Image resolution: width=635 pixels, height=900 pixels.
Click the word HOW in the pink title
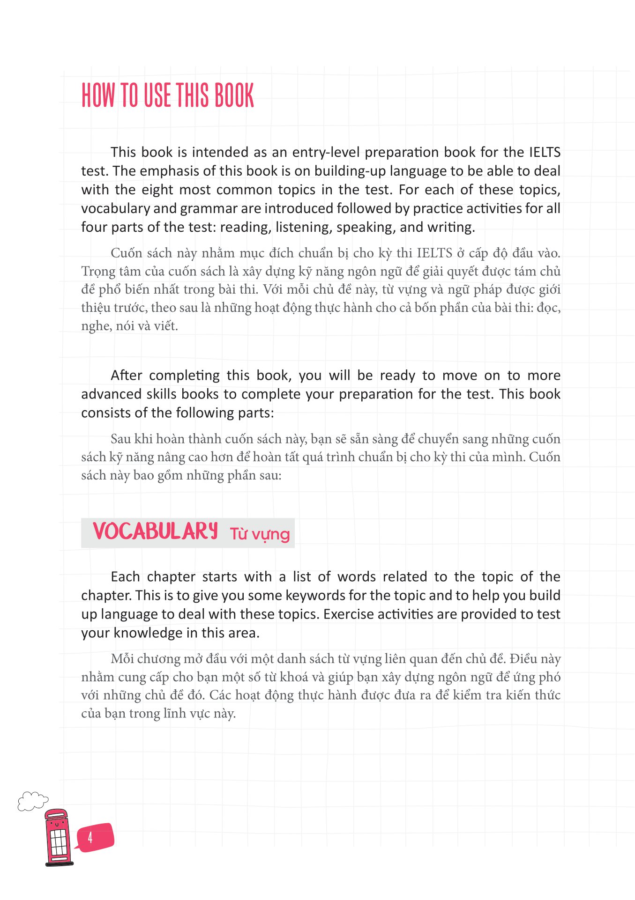[98, 96]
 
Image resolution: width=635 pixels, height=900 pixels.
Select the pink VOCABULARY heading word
[155, 532]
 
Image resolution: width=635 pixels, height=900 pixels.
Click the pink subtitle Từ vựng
[260, 534]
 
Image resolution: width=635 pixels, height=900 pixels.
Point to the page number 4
[90, 838]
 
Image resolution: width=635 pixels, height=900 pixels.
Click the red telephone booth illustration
[58, 837]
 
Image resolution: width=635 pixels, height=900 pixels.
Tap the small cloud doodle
[32, 801]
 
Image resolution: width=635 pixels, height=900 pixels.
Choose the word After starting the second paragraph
[126, 376]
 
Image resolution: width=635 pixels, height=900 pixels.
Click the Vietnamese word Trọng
[98, 272]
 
